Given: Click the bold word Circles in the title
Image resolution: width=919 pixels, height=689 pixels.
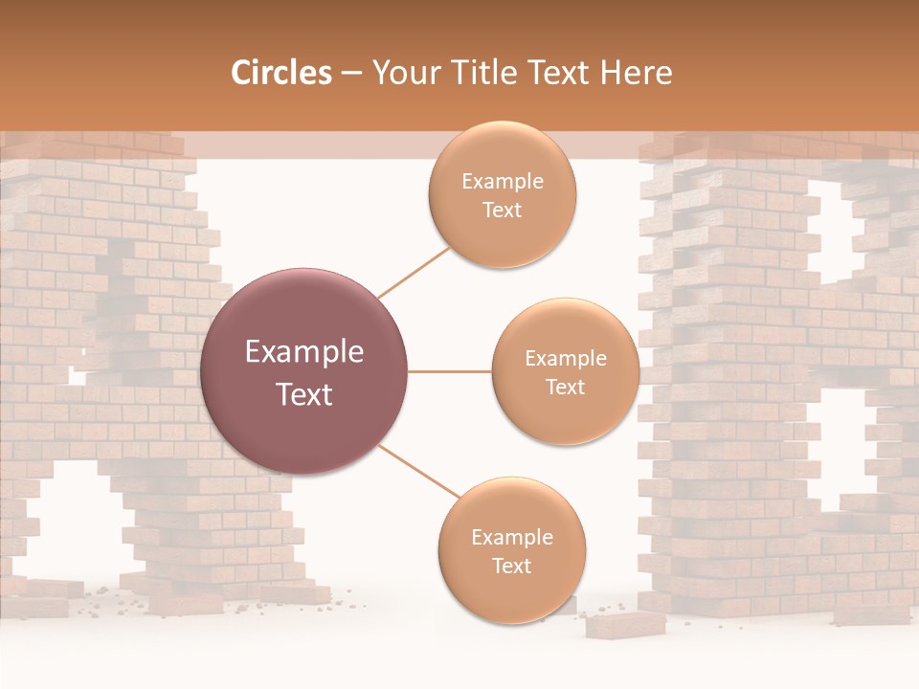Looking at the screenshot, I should (280, 73).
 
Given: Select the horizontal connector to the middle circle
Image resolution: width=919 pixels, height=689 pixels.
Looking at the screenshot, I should (450, 371).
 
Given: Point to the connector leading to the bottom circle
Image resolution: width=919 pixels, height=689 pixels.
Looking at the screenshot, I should (418, 472).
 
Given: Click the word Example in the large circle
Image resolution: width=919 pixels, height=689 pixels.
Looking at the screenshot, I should (304, 352).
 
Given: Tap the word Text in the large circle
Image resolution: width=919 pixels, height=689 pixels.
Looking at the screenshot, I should (304, 394).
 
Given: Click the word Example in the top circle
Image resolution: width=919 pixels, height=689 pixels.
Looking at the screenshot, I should (502, 182).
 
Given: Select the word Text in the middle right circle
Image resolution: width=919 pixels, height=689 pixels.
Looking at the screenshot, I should (565, 387).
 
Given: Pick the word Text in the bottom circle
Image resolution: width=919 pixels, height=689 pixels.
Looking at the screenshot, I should (511, 566).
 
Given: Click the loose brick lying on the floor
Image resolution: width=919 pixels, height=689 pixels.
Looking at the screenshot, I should (625, 624).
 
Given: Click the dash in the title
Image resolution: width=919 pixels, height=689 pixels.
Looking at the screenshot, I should (351, 73).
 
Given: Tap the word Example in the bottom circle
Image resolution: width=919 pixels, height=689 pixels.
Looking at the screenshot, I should (511, 538).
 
